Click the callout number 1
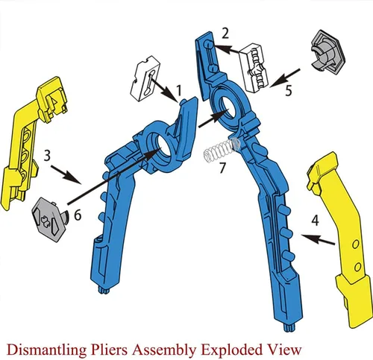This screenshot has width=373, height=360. click(x=179, y=90)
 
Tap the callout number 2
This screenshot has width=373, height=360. click(x=225, y=34)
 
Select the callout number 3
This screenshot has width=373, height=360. click(x=47, y=156)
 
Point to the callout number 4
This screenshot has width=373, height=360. click(x=315, y=221)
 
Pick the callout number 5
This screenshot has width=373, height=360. click(x=288, y=91)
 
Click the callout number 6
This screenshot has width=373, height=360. click(x=78, y=215)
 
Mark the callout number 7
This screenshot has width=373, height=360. click(x=222, y=168)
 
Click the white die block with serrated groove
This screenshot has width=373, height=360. click(x=254, y=68)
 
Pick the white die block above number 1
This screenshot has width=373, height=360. click(x=145, y=78)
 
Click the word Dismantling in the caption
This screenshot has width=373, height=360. click(x=46, y=350)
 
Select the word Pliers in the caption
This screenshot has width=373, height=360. click(x=109, y=350)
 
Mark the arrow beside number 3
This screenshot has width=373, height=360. click(x=66, y=175)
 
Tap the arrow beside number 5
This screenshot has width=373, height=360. click(x=284, y=78)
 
